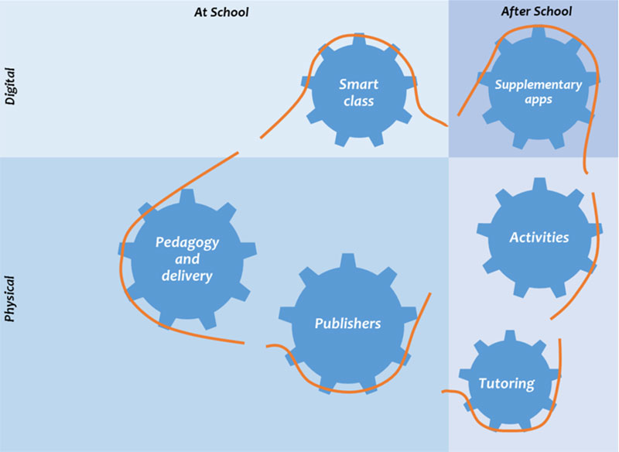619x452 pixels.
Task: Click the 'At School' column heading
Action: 221,12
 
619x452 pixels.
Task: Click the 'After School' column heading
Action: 536,11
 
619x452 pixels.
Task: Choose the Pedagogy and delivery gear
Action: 186,259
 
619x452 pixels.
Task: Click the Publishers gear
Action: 347,324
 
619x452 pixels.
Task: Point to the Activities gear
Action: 539,238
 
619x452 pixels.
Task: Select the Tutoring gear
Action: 507,383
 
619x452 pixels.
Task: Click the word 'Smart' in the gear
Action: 358,84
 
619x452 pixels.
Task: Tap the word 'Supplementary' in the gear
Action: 538,84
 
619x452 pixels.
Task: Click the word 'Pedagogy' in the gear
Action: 187,242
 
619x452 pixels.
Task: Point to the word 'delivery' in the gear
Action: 186,276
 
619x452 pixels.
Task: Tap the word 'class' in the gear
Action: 358,101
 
